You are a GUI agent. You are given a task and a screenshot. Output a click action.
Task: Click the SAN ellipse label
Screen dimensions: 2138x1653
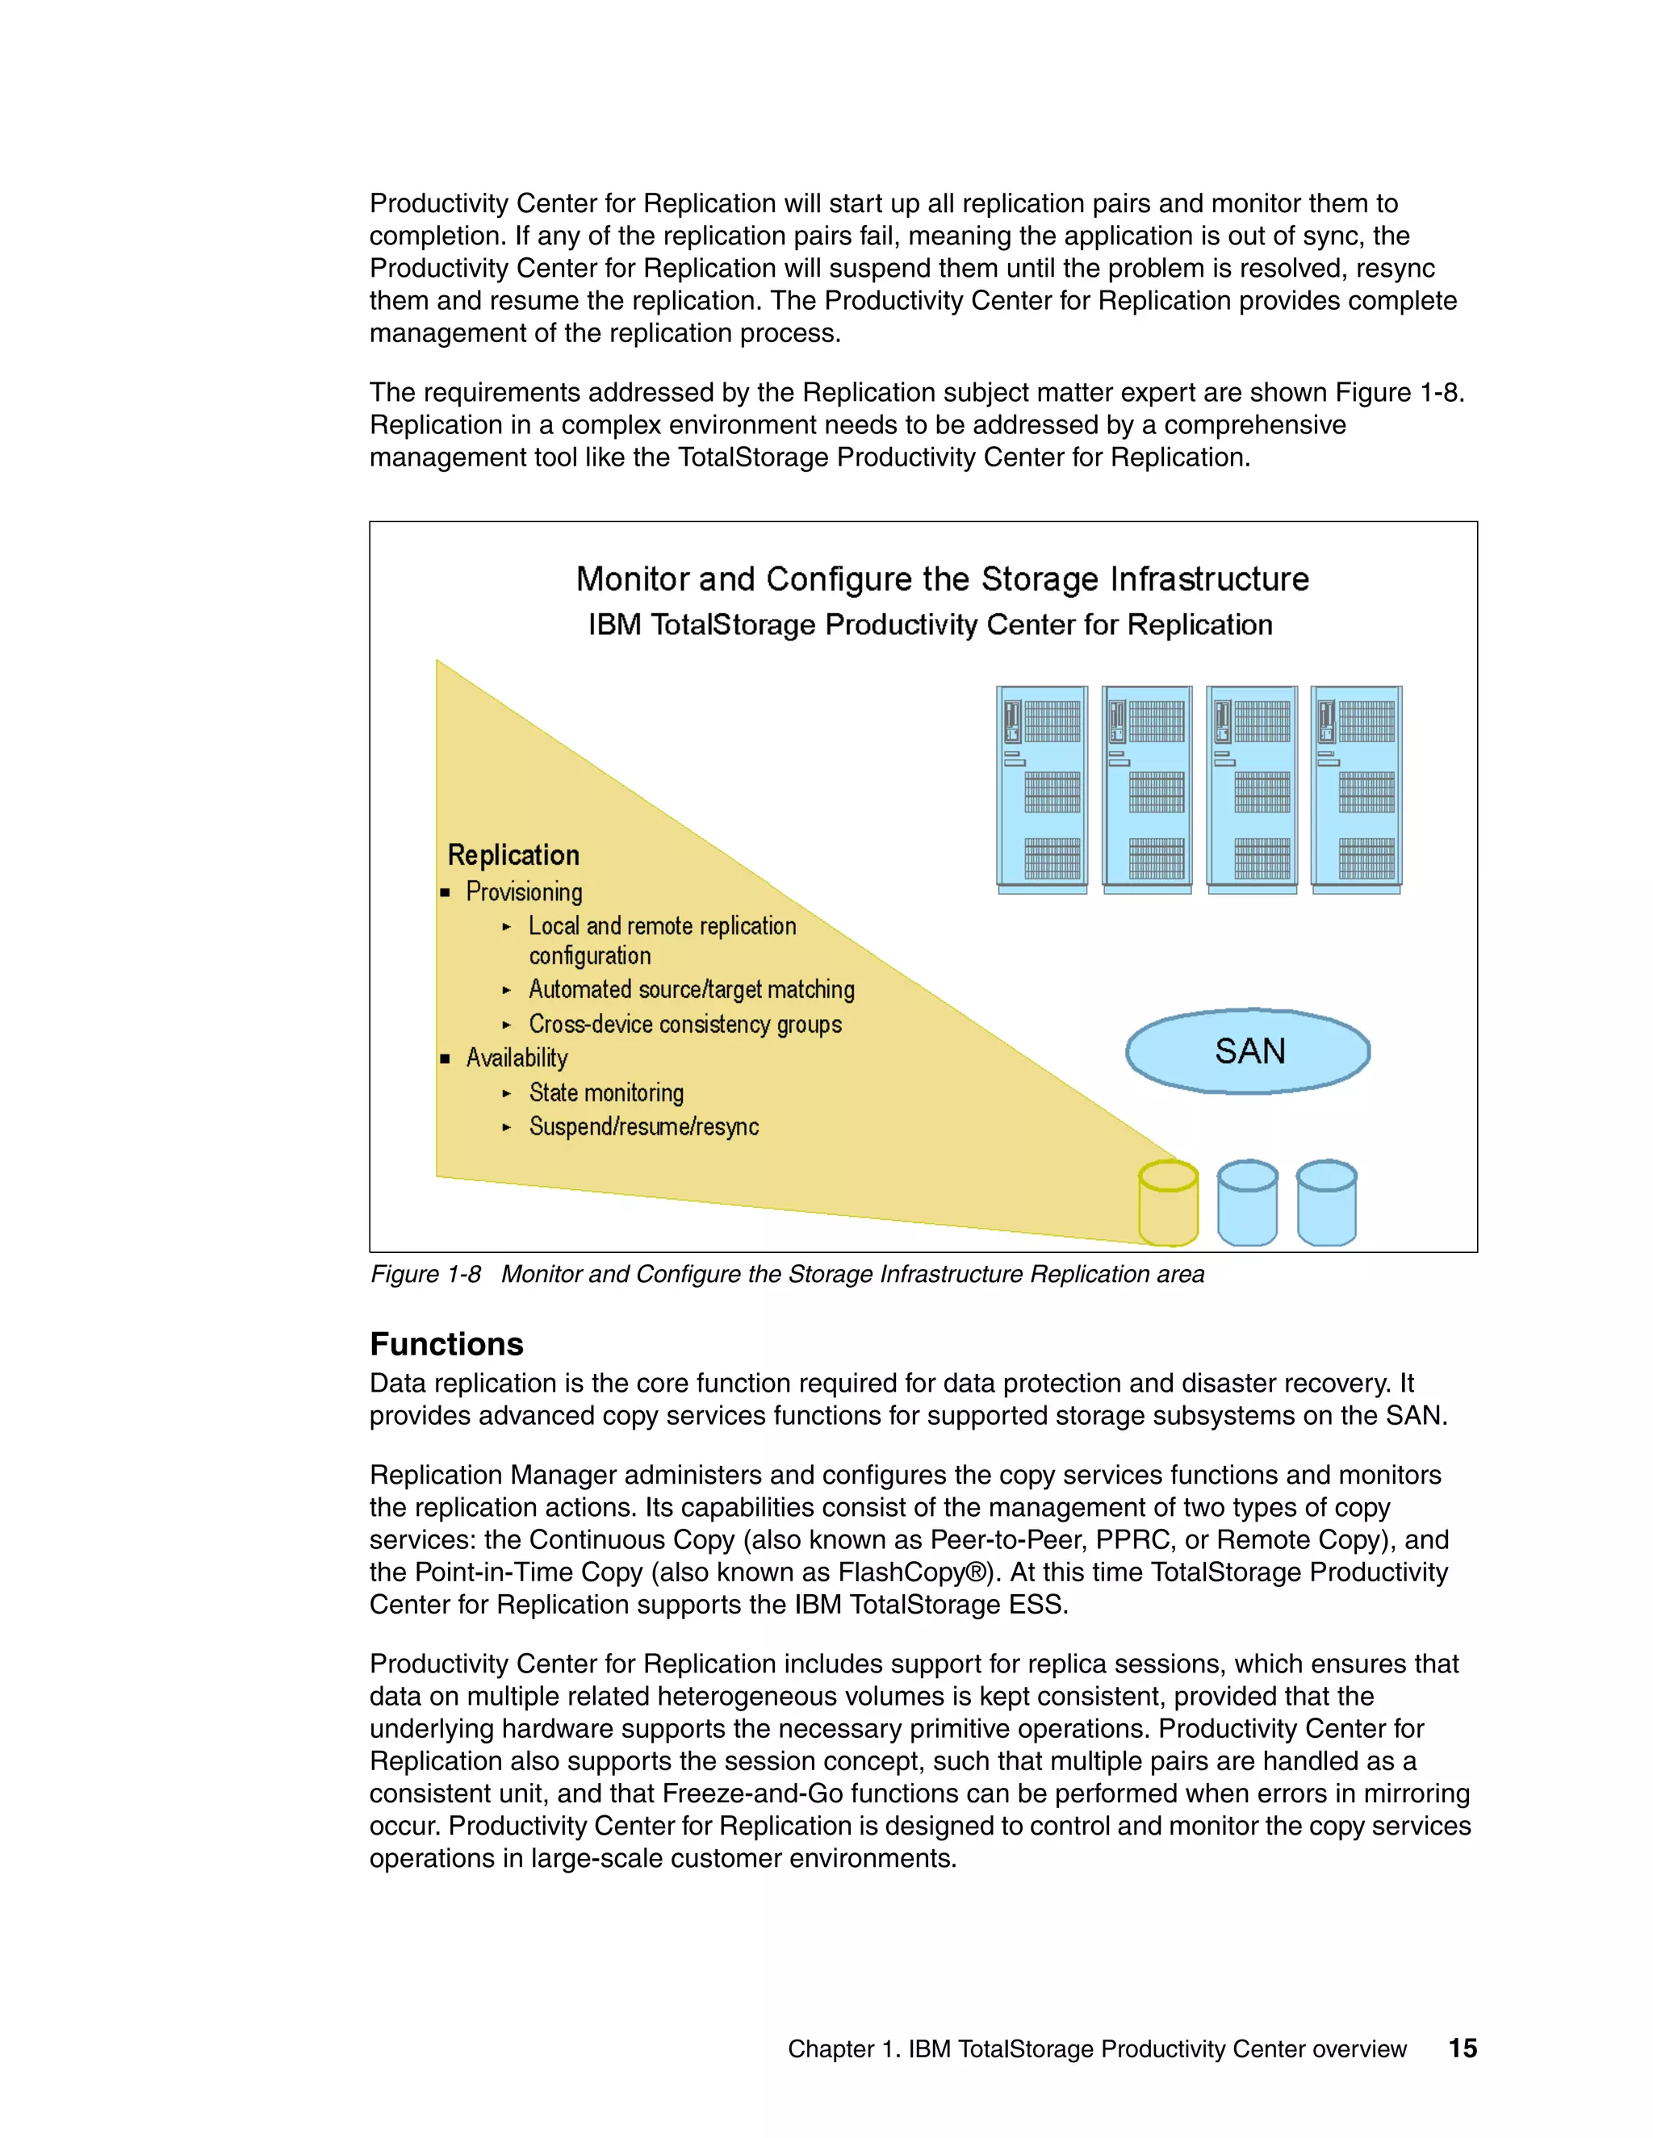point(1249,1051)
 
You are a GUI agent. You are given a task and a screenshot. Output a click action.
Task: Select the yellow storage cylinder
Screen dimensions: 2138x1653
point(1168,1204)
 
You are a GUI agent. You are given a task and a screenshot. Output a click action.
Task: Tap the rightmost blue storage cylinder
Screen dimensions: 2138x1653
point(1326,1203)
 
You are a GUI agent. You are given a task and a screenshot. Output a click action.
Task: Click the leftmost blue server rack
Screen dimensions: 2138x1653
point(1042,789)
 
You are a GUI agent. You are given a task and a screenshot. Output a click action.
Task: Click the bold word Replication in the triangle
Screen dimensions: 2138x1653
point(513,855)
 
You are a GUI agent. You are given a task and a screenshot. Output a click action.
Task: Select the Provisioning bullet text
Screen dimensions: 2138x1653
point(524,892)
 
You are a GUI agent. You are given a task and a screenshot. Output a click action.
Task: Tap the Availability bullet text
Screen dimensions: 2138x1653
point(517,1059)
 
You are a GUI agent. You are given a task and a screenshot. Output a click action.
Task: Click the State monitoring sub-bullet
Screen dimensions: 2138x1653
point(606,1092)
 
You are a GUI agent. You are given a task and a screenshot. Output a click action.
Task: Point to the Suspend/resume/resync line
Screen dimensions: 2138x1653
point(643,1127)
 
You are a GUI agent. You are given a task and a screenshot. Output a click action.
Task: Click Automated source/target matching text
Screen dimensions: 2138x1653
point(692,990)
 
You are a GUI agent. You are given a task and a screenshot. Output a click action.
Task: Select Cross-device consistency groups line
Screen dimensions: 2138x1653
point(685,1024)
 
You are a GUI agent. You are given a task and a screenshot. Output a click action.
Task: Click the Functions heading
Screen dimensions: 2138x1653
point(446,1344)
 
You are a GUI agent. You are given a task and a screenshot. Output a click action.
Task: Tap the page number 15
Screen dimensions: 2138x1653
point(1462,2048)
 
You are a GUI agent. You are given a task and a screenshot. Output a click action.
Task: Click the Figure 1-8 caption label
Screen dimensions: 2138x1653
point(425,1274)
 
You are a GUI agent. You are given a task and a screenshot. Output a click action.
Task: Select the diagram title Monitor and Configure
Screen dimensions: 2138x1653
point(942,578)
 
